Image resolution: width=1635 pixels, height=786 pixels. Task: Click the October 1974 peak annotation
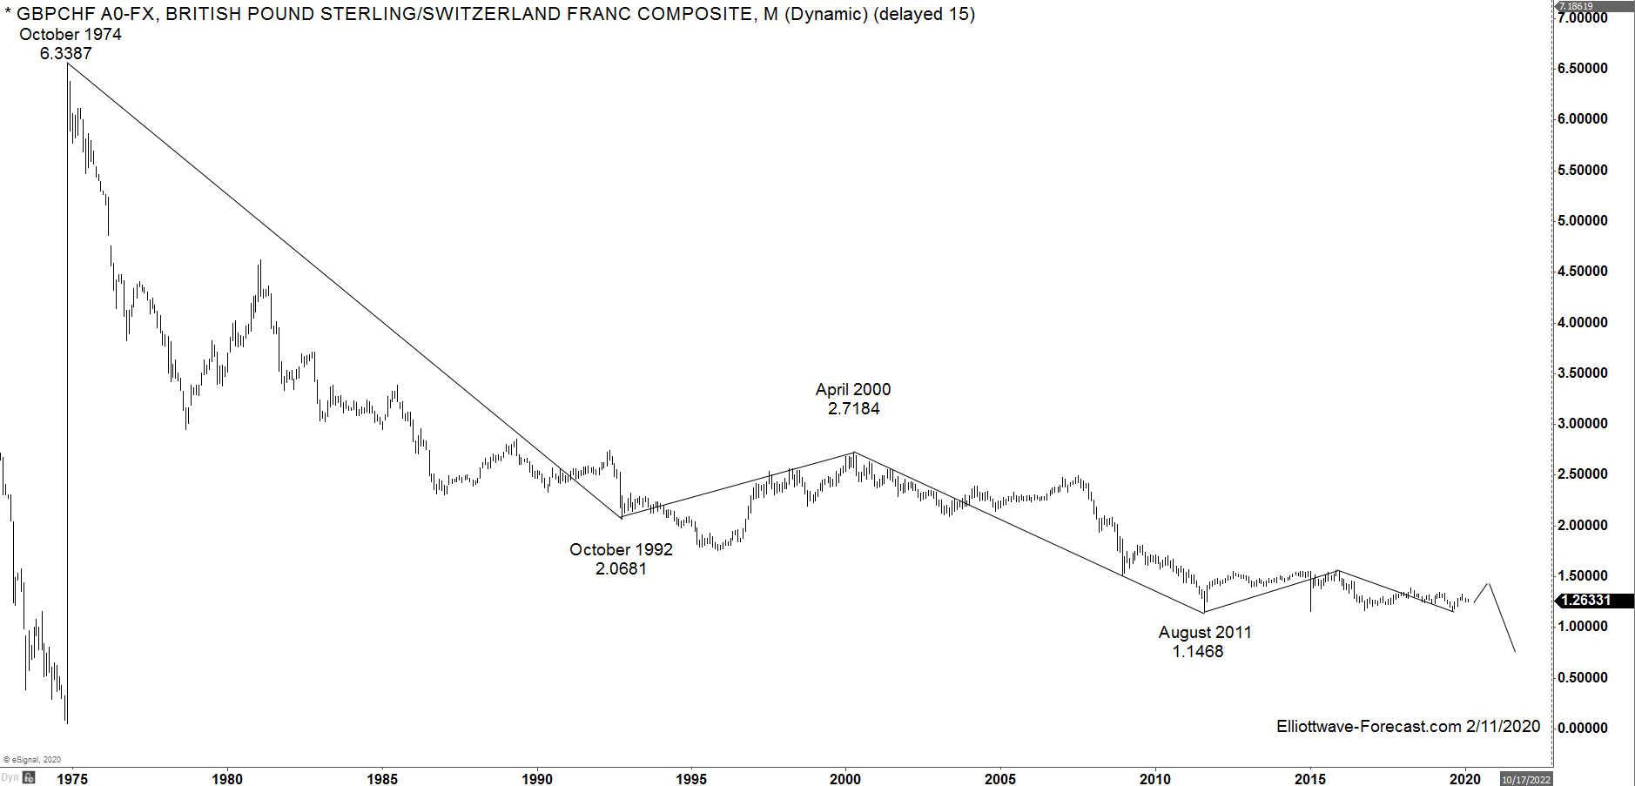pos(71,35)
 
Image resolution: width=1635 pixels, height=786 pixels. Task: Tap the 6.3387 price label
pos(65,54)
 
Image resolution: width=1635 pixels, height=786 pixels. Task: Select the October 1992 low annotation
pos(621,550)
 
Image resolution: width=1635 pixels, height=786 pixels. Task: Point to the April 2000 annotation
pos(853,390)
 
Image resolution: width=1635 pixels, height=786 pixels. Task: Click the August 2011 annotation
pos(1205,633)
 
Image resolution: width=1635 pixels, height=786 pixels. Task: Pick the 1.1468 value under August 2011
pos(1198,652)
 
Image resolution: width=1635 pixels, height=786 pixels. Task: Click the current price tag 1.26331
pos(1585,601)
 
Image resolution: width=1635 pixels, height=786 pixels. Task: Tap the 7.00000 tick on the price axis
pos(1583,18)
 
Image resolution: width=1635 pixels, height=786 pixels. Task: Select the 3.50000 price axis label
pos(1583,373)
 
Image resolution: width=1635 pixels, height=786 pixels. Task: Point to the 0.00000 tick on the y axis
pos(1583,729)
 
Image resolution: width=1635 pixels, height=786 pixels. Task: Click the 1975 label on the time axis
pos(72,779)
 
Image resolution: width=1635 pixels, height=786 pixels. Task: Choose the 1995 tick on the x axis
pos(691,779)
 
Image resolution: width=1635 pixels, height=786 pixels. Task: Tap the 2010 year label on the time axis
pos(1155,779)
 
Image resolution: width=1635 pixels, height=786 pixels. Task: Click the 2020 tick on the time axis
pos(1465,779)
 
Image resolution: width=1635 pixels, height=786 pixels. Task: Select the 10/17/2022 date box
pos(1526,780)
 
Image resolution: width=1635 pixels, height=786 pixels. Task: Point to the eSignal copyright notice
pos(32,760)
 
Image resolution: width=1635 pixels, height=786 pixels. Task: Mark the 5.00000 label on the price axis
pos(1583,221)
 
